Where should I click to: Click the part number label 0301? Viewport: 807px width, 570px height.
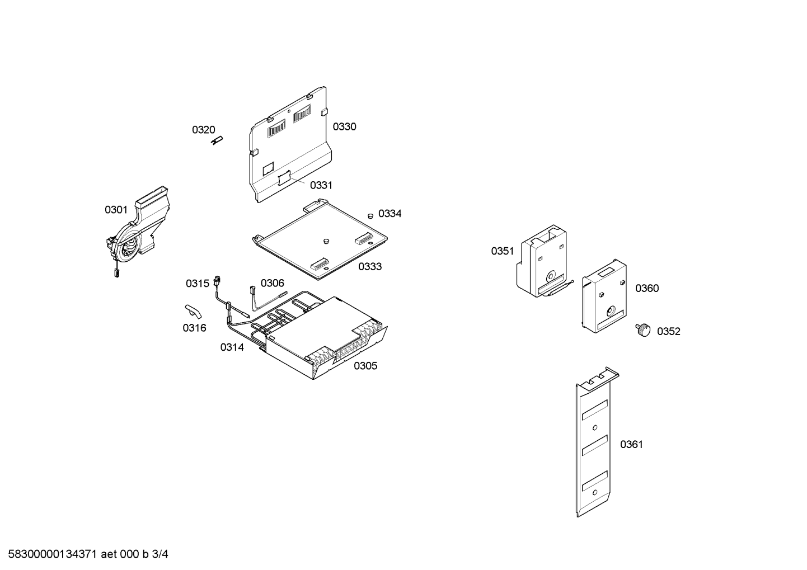(116, 210)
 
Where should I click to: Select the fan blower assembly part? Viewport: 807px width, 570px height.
(138, 230)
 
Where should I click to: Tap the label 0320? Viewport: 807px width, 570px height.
(203, 130)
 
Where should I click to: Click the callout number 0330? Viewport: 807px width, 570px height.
(344, 126)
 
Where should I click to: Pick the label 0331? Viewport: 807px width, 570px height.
(321, 185)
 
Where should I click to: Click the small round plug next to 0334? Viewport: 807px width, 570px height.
(369, 216)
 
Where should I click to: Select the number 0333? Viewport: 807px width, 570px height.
(370, 266)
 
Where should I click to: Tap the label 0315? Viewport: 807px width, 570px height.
(198, 284)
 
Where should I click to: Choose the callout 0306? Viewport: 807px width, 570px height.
(273, 283)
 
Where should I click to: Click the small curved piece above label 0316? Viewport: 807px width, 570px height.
(193, 312)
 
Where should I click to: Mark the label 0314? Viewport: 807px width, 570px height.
(232, 347)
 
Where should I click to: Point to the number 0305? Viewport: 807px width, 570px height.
(365, 366)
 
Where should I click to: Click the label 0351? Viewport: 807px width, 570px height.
(503, 251)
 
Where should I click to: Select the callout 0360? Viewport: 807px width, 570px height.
(647, 288)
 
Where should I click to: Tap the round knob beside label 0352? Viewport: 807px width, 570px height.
(642, 330)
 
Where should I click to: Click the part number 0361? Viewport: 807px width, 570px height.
(631, 444)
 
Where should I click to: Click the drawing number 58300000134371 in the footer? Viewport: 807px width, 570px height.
(53, 554)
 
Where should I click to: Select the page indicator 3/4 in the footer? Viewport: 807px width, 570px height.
(160, 554)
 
